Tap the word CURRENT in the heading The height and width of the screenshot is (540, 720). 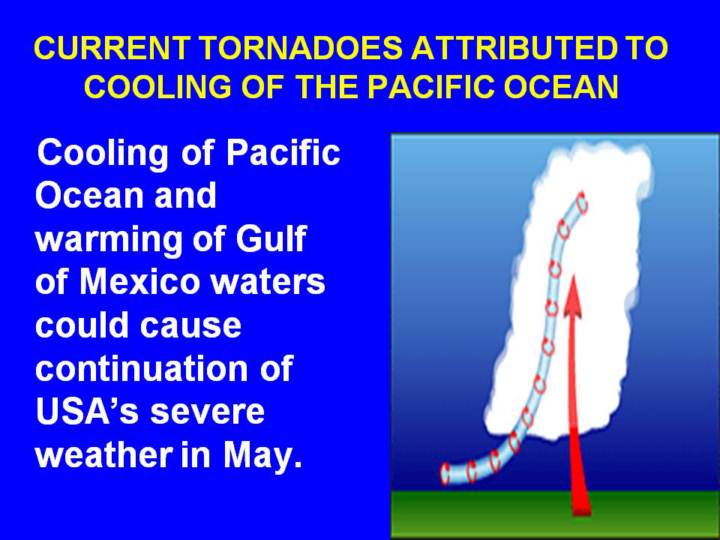[x=112, y=47]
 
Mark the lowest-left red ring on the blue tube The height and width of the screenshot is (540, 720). [x=444, y=474]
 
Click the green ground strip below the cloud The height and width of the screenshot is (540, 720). [x=555, y=514]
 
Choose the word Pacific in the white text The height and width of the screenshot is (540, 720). [x=283, y=152]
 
